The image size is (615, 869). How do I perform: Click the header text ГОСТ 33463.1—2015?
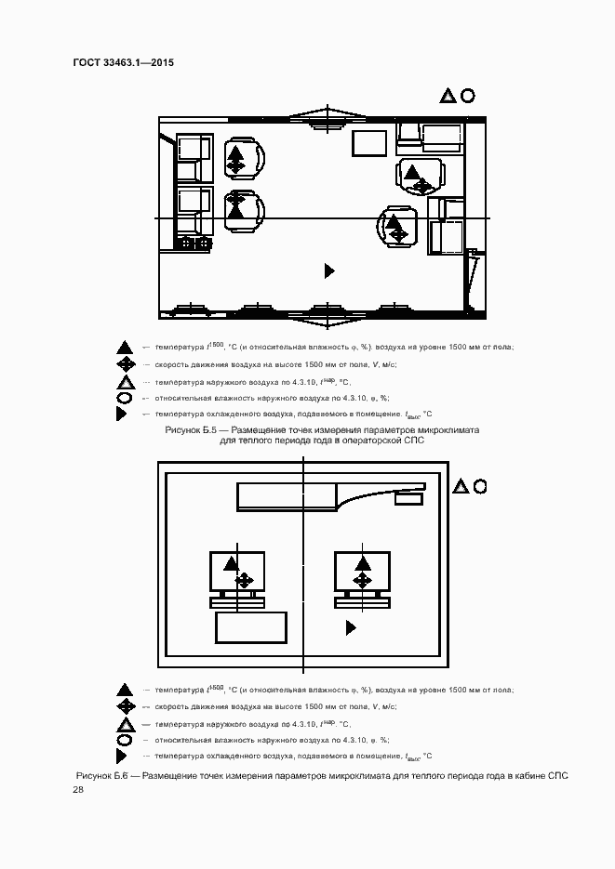tap(124, 63)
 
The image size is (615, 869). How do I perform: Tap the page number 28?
tap(78, 790)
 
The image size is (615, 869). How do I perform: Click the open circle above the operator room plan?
tap(468, 95)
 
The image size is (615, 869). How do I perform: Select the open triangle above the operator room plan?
tap(448, 96)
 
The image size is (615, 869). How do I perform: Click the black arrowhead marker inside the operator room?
tap(328, 270)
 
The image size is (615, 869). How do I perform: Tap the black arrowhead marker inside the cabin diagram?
tap(351, 628)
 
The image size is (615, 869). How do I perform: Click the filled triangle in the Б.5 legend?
tap(124, 348)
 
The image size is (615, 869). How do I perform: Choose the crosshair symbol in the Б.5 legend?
tap(124, 364)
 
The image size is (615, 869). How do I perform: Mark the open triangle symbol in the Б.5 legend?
tap(124, 382)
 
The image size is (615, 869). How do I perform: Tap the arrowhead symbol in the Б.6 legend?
tap(121, 757)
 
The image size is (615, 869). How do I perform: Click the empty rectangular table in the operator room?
tap(369, 144)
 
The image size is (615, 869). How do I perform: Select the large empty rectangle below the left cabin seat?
tap(251, 627)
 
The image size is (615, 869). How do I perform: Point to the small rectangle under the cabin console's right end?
tap(407, 499)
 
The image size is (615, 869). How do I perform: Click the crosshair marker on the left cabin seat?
tap(244, 581)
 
